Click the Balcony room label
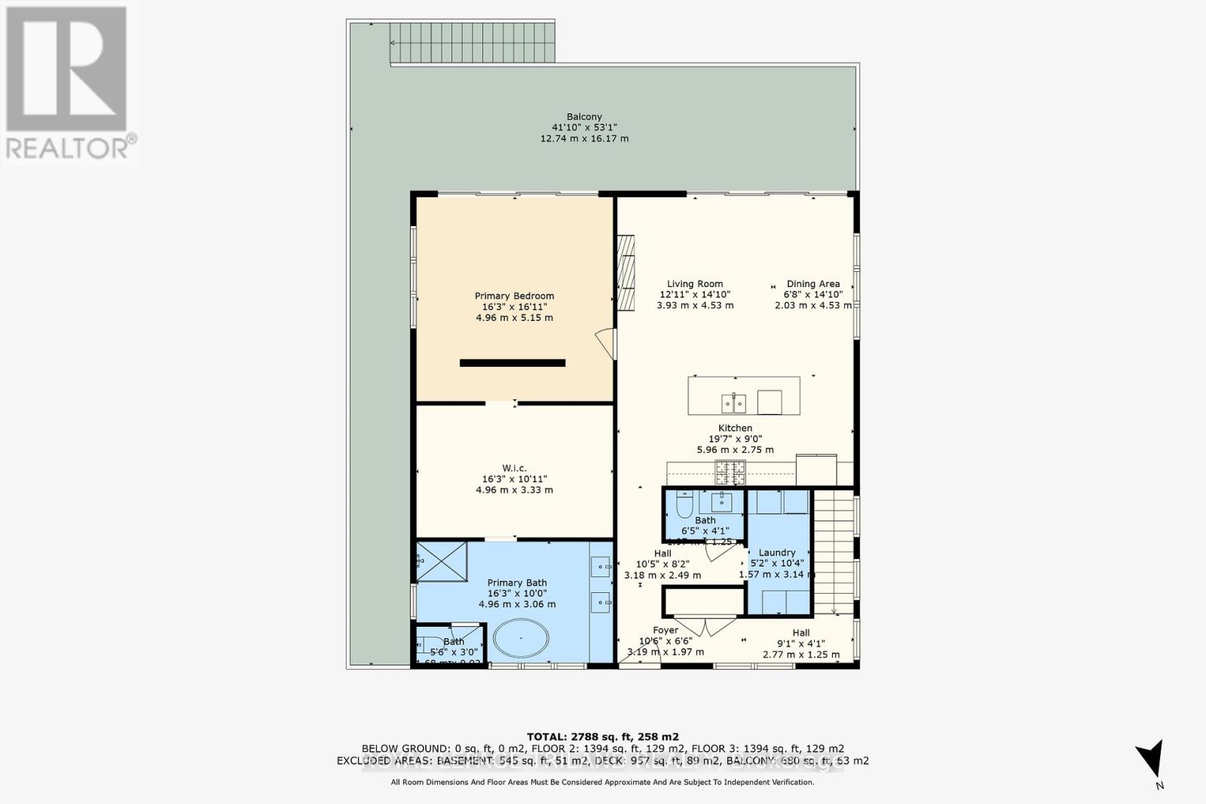click(584, 117)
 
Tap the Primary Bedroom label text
click(514, 296)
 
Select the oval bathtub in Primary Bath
click(520, 640)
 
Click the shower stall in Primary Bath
click(442, 561)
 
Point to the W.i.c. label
click(514, 468)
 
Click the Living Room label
click(694, 284)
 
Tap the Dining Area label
click(813, 284)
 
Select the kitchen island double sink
click(733, 404)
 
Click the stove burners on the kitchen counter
click(730, 472)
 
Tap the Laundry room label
click(776, 552)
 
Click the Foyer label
click(666, 630)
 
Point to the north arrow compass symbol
click(1151, 760)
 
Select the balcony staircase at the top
click(472, 43)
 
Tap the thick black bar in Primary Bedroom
click(513, 363)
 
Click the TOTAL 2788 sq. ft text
click(602, 736)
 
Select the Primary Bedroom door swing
click(605, 343)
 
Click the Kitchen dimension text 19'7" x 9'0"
click(734, 439)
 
